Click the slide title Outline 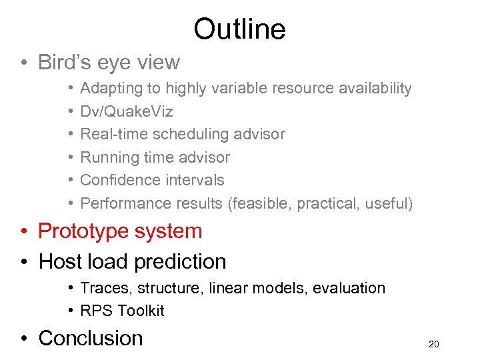(239, 29)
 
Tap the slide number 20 (434, 345)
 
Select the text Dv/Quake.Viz (127, 111)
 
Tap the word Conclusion (91, 338)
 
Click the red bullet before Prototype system (24, 232)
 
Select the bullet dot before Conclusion (24, 339)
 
